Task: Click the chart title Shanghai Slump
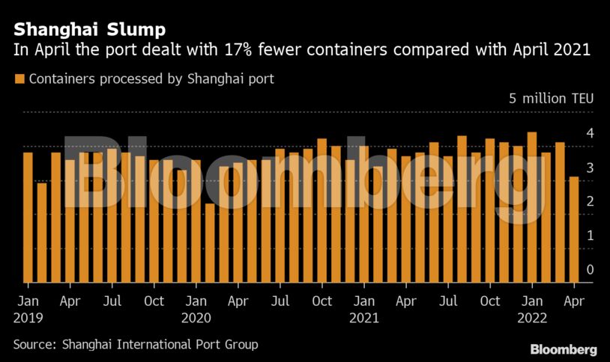(89, 30)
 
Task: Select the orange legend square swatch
(19, 79)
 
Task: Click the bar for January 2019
(28, 218)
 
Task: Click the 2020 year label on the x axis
(196, 317)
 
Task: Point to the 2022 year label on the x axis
(532, 317)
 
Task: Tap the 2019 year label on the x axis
(28, 317)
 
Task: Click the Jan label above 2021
(364, 301)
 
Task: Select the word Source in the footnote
(34, 345)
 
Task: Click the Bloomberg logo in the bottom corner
(564, 349)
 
